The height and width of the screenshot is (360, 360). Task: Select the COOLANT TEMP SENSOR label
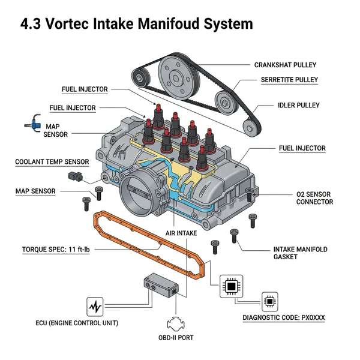coord(52,162)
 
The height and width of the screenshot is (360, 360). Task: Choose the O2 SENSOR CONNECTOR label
coord(314,198)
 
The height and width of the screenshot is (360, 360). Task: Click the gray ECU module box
coord(160,285)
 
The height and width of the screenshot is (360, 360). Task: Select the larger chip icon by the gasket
coord(231,287)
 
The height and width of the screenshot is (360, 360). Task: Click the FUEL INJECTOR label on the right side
coord(302,148)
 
